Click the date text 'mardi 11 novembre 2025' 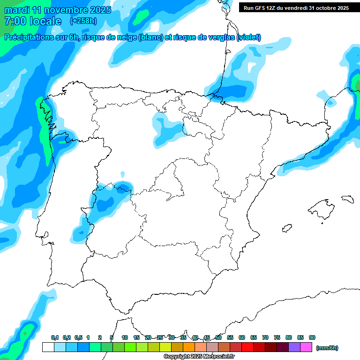[58, 10]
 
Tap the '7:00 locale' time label [32, 21]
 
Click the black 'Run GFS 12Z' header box [296, 7]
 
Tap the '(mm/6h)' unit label [327, 348]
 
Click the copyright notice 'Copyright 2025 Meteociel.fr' [199, 356]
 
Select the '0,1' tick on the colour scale [55, 337]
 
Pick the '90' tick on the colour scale [312, 337]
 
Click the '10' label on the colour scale [125, 337]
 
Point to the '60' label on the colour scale [242, 337]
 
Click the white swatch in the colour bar [48, 347]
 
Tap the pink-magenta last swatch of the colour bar [306, 347]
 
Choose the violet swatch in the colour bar [294, 347]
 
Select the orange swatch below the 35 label [189, 347]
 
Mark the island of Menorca [347, 199]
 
